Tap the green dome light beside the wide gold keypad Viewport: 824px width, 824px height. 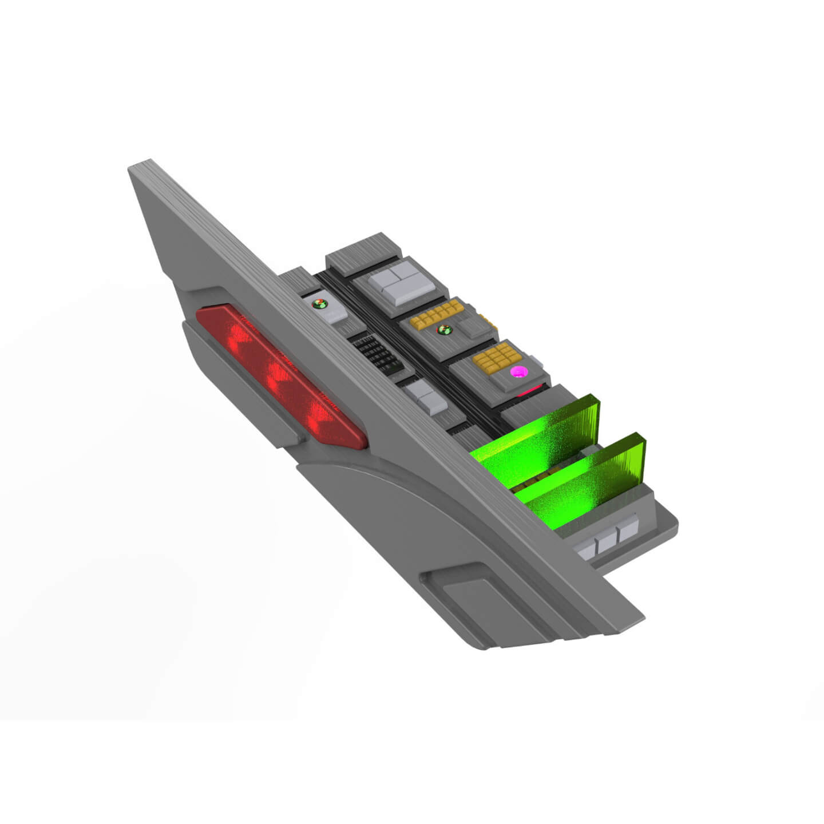(444, 330)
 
